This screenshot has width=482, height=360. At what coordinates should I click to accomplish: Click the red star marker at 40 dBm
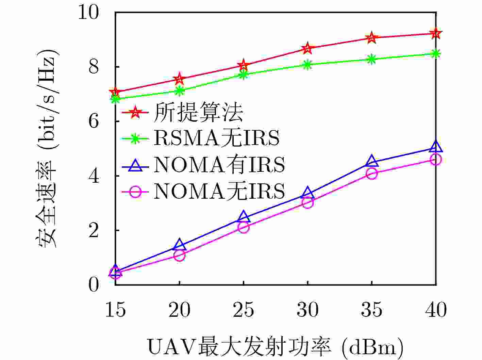436,33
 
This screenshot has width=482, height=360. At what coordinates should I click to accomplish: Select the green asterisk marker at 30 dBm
308,65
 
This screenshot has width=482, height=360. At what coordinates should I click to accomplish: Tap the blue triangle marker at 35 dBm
372,161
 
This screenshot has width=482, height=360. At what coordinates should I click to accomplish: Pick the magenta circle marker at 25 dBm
244,227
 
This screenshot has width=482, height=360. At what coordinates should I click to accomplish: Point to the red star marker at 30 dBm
308,48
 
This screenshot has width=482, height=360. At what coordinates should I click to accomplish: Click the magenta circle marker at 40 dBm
436,159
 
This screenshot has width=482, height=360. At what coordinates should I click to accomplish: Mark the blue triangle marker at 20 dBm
179,245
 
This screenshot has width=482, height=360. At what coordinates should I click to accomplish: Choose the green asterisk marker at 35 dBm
372,59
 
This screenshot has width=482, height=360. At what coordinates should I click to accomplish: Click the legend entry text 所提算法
198,112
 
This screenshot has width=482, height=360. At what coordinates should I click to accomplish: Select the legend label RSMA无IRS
217,138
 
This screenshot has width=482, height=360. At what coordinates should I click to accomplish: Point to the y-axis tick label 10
89,13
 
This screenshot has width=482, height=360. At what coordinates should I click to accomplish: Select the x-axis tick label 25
244,310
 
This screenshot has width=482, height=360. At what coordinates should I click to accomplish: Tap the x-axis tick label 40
436,310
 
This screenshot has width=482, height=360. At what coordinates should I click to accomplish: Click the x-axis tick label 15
115,310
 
